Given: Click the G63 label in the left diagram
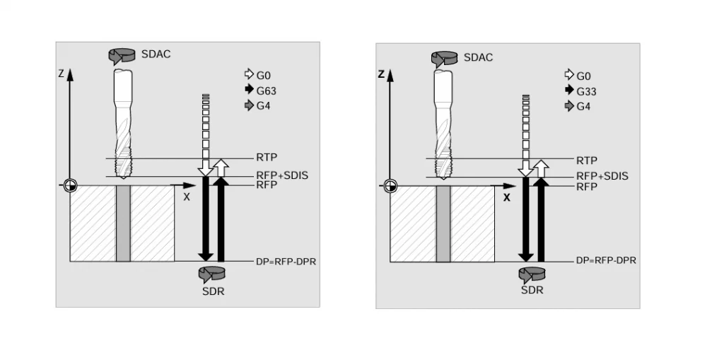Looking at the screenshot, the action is pos(266,90).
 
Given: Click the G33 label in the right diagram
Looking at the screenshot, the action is pos(586,91).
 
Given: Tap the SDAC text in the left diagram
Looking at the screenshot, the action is pos(156,54).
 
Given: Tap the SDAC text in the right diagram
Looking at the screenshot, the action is pos(478,57).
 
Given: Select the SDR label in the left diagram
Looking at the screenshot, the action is pos(213,291).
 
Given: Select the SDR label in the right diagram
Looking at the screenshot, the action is pos(532,290).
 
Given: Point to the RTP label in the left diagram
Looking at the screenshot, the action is pos(267,158).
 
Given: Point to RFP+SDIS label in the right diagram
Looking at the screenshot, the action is pos(602,176).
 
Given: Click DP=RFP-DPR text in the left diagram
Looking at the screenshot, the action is pos(286,262).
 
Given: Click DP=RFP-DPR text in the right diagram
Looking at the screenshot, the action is pos(606,260).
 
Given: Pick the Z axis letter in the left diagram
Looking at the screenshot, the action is pos(61,74).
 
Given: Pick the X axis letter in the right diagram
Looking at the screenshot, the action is pos(506,198).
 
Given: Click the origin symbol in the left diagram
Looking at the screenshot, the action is pos(70,185).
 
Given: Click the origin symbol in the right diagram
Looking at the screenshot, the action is pos(390,186).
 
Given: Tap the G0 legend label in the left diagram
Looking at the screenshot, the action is pos(263,75).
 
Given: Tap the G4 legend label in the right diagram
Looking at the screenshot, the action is pos(583,106).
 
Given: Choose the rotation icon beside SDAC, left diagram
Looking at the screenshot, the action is pos(122,56).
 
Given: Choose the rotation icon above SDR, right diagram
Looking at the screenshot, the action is pos(532,274).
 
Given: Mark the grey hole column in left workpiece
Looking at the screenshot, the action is pos(123,223).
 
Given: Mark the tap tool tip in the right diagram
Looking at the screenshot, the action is pos(443,178).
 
